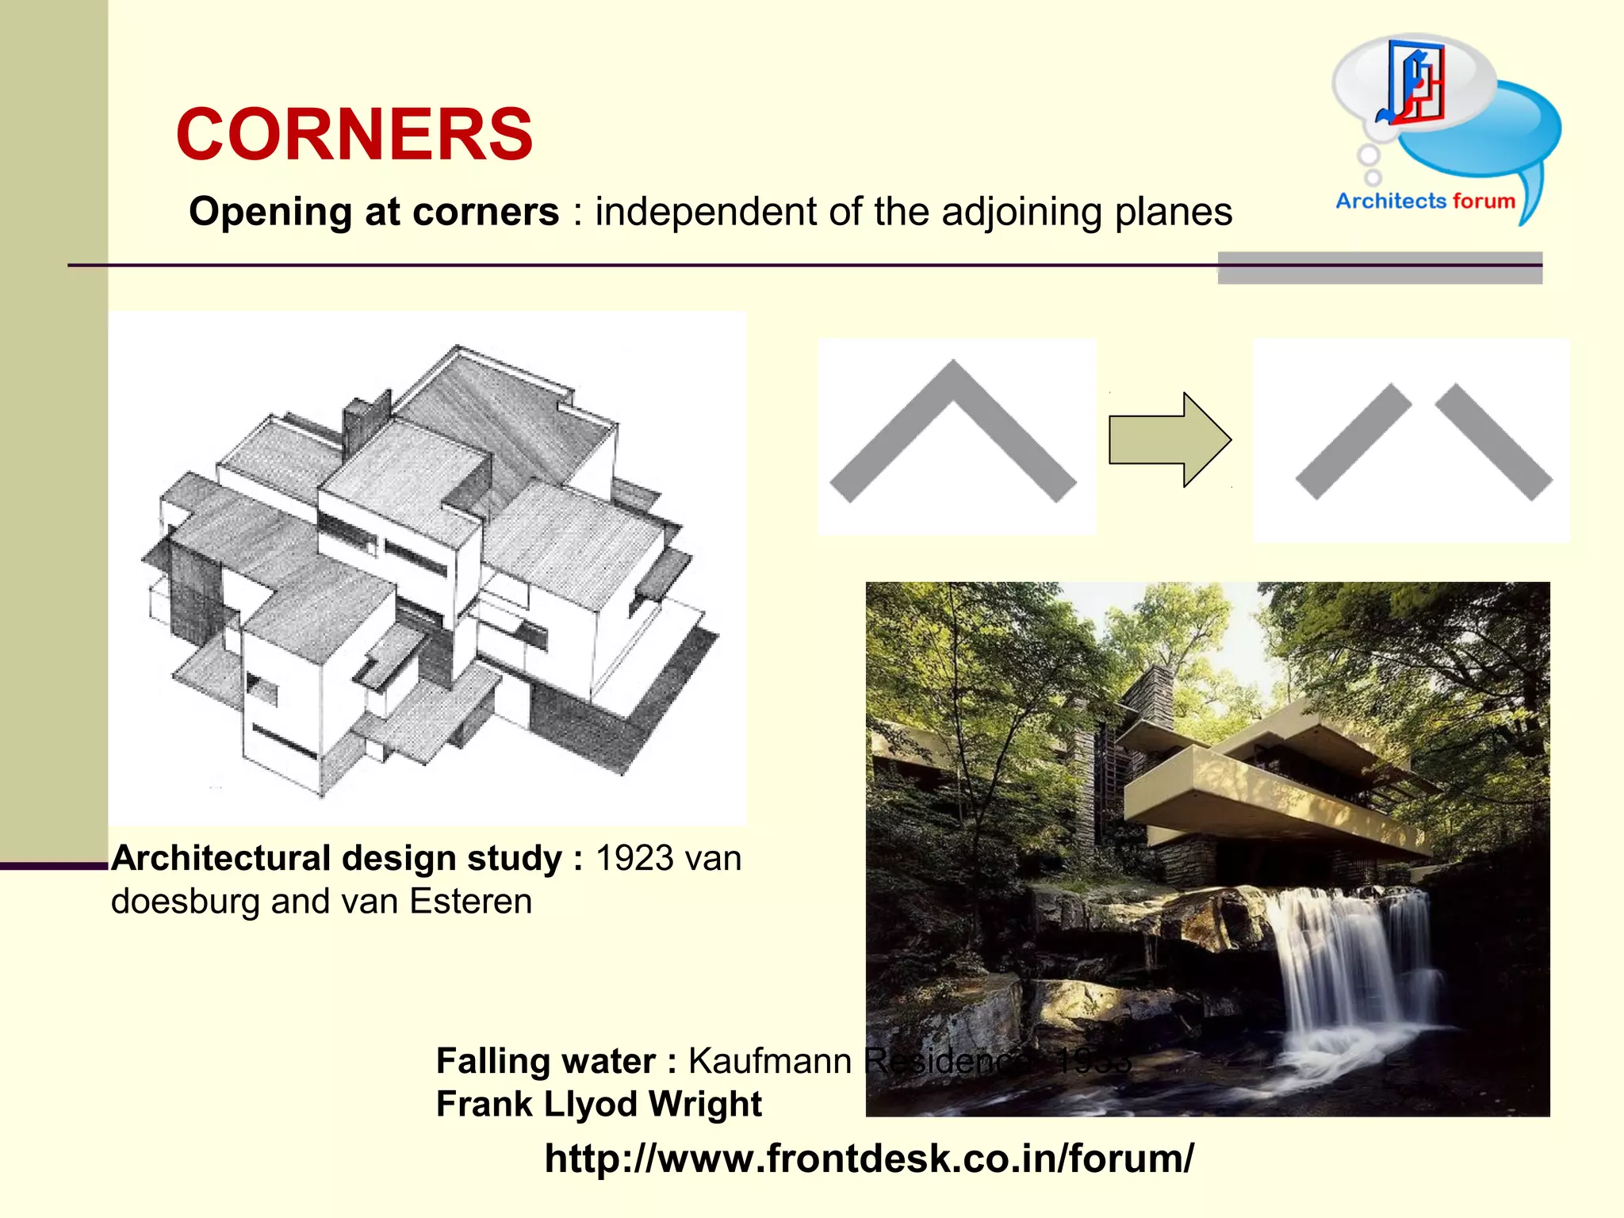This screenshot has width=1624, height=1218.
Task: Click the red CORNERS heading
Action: (x=354, y=135)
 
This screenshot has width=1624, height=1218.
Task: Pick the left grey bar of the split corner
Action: (x=1353, y=442)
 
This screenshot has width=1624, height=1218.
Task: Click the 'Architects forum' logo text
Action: (x=1425, y=201)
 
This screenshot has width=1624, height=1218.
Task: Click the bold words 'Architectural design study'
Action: (x=337, y=859)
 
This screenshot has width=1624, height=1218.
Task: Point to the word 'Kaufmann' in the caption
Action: (x=769, y=1061)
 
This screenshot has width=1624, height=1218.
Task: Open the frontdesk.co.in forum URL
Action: (x=868, y=1159)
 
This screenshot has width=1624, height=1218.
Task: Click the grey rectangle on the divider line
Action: (x=1380, y=268)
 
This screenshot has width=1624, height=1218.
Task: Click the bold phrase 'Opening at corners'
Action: (x=373, y=213)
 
